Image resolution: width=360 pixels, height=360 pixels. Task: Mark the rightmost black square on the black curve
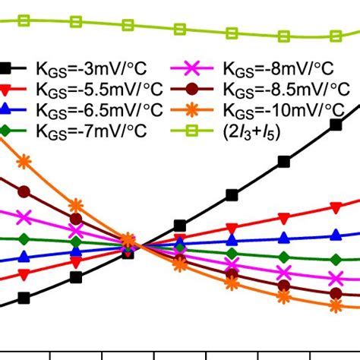(x=336, y=126)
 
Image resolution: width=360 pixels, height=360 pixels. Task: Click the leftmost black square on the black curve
(x=24, y=298)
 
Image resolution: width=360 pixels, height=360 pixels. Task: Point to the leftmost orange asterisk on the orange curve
(x=24, y=161)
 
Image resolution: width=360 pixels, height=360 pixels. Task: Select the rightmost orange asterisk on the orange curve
(x=336, y=305)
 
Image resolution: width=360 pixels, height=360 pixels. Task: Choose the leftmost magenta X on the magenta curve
(x=24, y=218)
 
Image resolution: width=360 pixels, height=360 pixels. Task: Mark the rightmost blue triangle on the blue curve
(x=336, y=235)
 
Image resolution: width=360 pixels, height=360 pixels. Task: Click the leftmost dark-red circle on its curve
(x=24, y=191)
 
